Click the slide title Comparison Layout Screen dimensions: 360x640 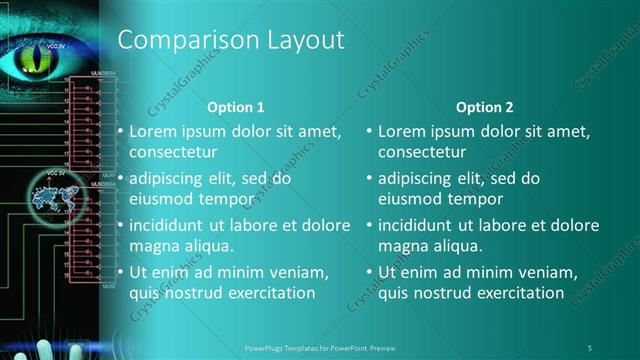coord(231,40)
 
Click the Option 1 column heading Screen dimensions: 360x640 coord(236,107)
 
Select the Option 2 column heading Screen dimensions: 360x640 coord(485,107)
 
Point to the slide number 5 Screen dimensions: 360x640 coord(590,346)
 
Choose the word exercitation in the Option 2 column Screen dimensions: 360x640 coord(516,293)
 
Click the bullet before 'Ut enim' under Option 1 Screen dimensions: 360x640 coord(121,272)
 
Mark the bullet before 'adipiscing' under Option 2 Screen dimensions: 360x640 coord(369,178)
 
